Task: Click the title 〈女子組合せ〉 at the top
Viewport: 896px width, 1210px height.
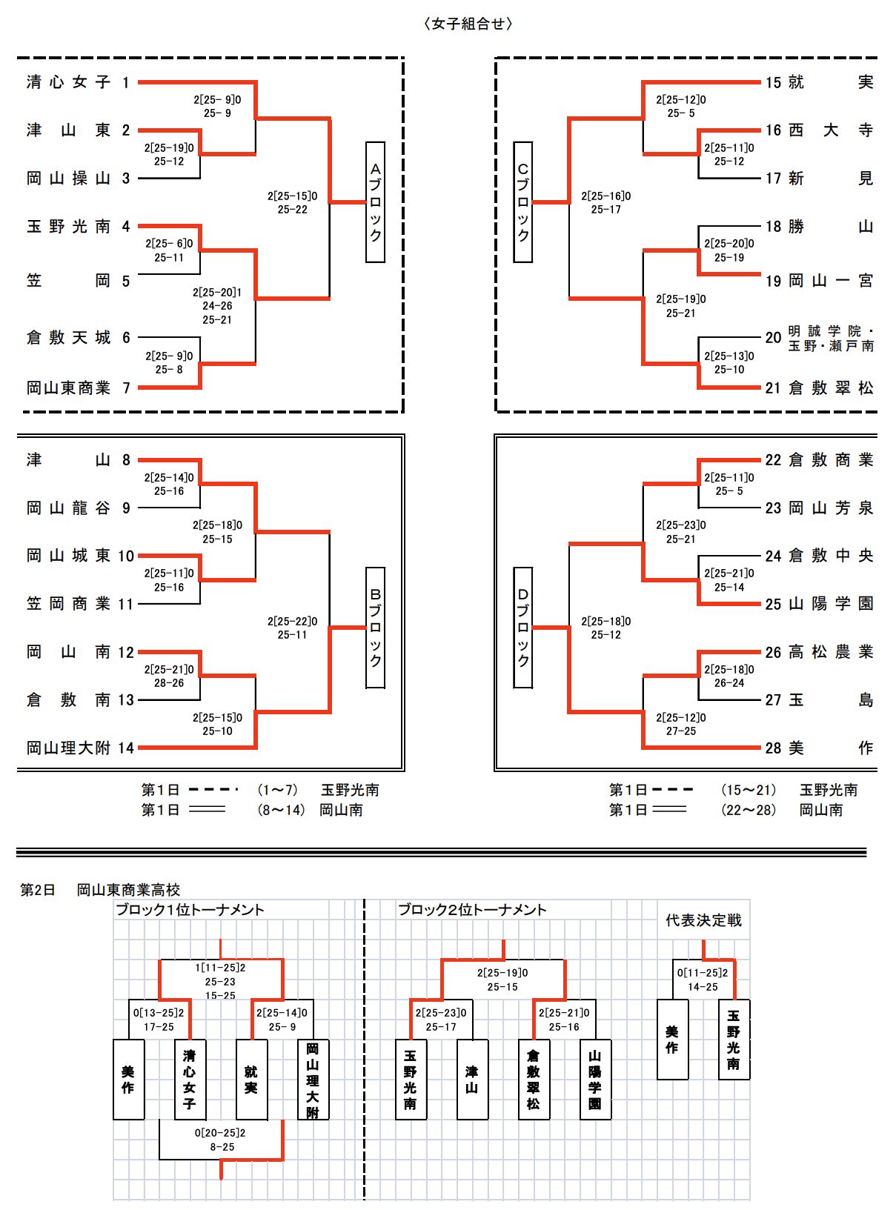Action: [468, 24]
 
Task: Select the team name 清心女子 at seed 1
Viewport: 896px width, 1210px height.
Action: [68, 82]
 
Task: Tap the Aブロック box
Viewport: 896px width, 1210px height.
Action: [375, 202]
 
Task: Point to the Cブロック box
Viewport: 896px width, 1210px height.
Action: [523, 202]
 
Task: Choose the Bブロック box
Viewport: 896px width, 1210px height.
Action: [375, 628]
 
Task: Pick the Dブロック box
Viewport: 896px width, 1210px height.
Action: [523, 628]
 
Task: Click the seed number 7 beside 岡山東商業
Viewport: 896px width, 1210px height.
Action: [126, 388]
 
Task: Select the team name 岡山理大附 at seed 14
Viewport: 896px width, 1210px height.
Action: [68, 748]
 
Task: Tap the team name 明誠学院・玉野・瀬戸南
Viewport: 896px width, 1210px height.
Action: [831, 339]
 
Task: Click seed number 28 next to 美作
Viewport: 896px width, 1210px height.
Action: [773, 748]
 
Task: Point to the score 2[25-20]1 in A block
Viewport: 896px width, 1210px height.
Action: [217, 293]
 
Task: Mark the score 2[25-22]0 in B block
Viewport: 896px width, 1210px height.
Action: [292, 622]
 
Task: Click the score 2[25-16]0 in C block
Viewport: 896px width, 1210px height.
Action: [605, 196]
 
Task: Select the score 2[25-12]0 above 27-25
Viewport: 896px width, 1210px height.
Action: [680, 718]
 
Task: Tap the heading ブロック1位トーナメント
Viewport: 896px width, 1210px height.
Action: [190, 910]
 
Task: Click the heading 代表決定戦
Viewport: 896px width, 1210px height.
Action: [703, 920]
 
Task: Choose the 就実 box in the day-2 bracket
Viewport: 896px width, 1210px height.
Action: [251, 1080]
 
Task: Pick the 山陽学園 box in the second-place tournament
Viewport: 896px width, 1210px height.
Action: [595, 1080]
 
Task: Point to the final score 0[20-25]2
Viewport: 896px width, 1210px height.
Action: [220, 1133]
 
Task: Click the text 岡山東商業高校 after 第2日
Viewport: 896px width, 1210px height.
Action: [129, 889]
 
